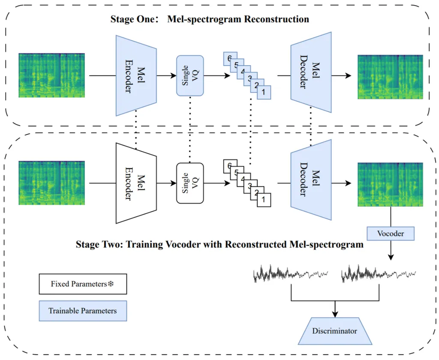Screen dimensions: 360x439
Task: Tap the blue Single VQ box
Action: point(190,76)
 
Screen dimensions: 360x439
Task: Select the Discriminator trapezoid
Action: point(334,331)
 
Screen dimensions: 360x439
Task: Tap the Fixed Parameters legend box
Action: point(83,284)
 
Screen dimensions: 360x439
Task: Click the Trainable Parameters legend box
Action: point(83,311)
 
